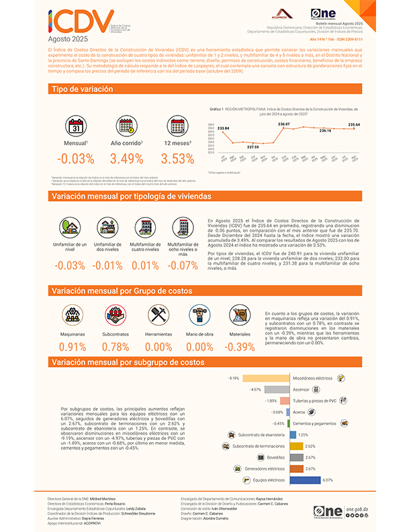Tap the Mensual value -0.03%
[76, 159]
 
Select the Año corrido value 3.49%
[126, 159]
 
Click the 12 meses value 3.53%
[177, 159]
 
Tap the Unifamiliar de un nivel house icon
[70, 226]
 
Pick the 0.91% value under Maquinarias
[73, 347]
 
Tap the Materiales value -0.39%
[240, 347]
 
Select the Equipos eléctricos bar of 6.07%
[304, 480]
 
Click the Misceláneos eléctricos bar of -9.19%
[266, 378]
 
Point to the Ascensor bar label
[300, 390]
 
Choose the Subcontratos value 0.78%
[116, 347]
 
